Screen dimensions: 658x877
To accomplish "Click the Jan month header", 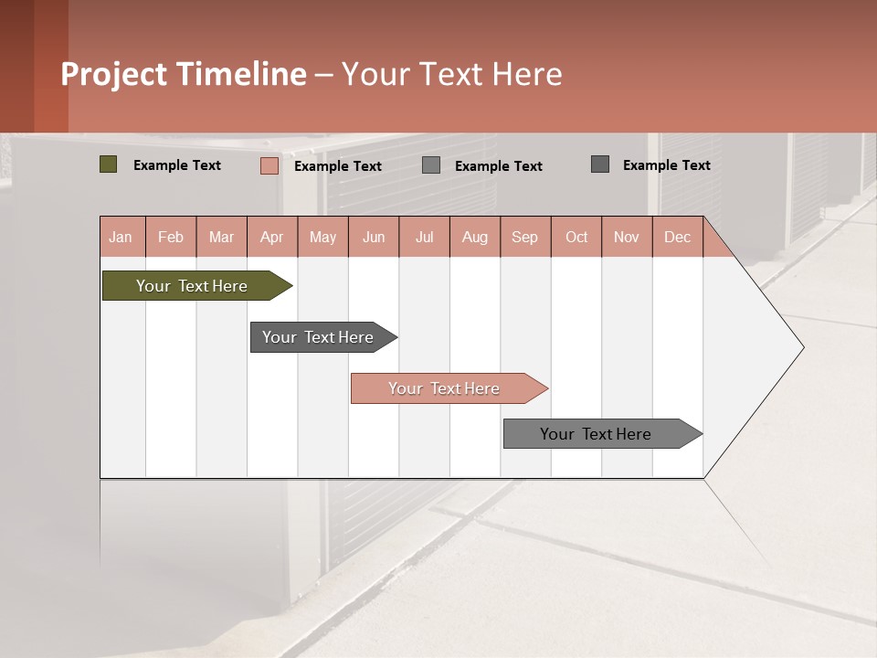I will coord(122,237).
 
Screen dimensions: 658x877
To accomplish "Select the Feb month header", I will coord(171,237).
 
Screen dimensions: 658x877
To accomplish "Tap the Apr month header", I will coord(272,237).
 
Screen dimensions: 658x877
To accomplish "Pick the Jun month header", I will coord(374,237).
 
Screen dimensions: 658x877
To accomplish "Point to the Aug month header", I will coord(475,237).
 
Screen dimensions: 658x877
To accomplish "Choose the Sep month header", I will coord(525,237).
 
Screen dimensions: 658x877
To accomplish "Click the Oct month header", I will coord(576,237).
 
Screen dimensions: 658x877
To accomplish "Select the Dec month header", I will coord(678,237).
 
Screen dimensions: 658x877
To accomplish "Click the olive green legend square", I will coord(109,164).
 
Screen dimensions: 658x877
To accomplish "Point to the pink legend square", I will coord(269,165).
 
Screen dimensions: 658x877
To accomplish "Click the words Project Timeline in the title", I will coord(184,74).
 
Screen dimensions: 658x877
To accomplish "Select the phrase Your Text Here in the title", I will coord(452,74).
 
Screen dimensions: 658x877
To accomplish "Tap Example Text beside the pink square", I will coord(338,166).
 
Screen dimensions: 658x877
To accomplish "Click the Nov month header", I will coord(627,237).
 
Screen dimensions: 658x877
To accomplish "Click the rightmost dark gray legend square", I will coord(600,164).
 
